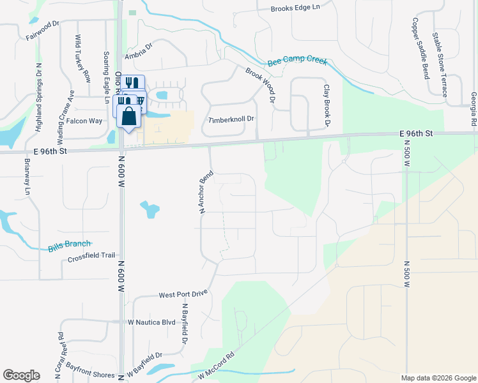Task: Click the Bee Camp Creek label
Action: pos(297,62)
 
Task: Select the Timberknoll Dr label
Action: pos(231,119)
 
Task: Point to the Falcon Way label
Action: pos(84,121)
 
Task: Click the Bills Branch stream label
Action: pos(69,244)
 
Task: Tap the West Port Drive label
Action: pos(183,294)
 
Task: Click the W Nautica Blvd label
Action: pos(151,322)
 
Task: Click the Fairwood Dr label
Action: pos(42,30)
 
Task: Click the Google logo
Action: pos(21,375)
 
